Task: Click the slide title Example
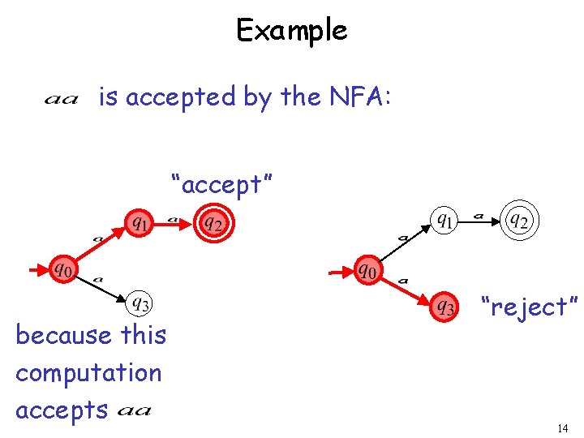point(291,31)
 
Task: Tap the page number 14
point(563,428)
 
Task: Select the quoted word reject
point(528,307)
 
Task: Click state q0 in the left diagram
point(62,268)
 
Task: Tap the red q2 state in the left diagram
point(213,221)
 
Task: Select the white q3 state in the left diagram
point(140,304)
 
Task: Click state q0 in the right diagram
point(368,268)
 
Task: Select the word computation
point(88,372)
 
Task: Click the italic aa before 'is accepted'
point(61,100)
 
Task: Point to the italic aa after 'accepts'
point(134,411)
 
